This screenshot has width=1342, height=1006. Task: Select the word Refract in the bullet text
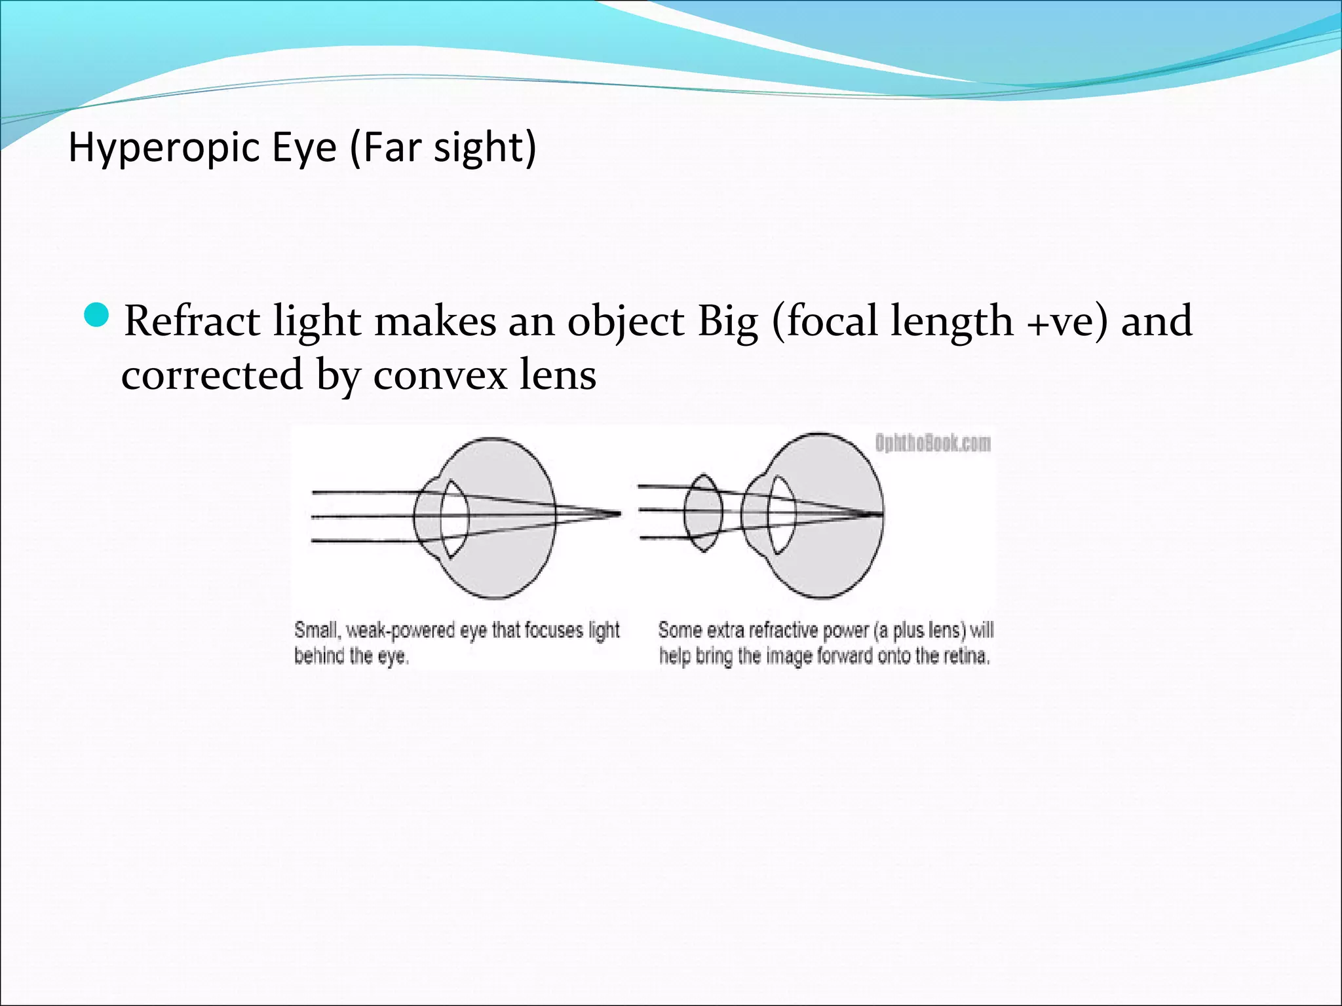[192, 322]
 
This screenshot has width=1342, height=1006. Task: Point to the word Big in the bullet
[727, 322]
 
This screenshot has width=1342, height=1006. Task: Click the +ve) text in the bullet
[1067, 322]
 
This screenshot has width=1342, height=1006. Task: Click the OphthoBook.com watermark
[932, 443]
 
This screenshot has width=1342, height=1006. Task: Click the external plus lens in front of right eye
[703, 513]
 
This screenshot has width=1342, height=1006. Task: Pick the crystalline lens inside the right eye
[782, 515]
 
